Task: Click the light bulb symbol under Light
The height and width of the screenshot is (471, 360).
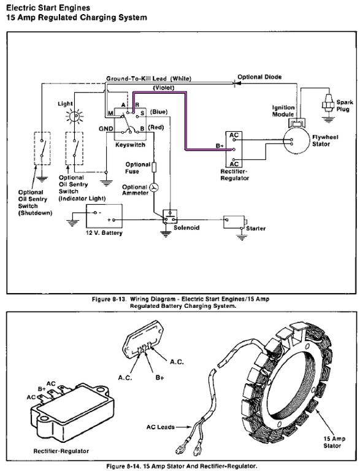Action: click(x=74, y=116)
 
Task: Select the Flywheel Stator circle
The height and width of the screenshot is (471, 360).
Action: click(x=296, y=140)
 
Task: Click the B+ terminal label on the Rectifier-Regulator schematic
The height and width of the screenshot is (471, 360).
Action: click(x=220, y=146)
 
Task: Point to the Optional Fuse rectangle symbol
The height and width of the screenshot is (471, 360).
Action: click(x=154, y=167)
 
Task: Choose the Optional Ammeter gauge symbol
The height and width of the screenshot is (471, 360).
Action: click(x=154, y=188)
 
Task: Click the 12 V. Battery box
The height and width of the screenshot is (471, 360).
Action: click(x=104, y=216)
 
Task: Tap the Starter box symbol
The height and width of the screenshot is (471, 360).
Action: click(x=234, y=222)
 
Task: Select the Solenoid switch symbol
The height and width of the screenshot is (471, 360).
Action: click(x=170, y=216)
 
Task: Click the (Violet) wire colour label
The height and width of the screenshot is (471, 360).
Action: click(x=164, y=88)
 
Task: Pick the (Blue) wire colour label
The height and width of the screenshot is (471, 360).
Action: click(x=158, y=112)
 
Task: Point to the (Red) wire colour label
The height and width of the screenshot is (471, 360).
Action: click(x=156, y=128)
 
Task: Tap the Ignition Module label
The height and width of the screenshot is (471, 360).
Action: click(x=283, y=111)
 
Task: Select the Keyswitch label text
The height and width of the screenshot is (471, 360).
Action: click(x=130, y=145)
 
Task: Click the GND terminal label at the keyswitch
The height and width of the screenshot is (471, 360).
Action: click(x=106, y=129)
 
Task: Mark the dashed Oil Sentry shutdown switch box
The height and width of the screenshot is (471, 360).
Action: click(x=42, y=148)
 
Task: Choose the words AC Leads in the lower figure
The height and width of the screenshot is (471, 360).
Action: click(x=161, y=427)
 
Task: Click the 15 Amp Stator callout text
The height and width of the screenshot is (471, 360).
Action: click(x=334, y=442)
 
